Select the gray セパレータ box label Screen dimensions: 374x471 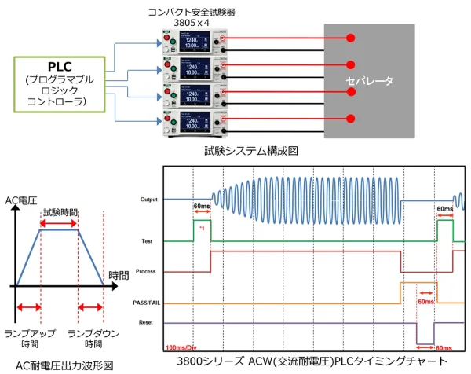(370, 81)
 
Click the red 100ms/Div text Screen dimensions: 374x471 (186, 346)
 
